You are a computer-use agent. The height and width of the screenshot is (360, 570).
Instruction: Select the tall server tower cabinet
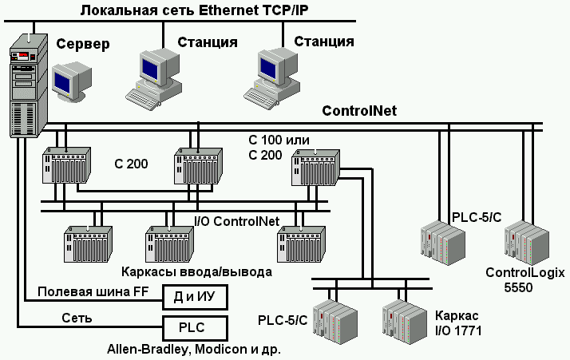click(26, 88)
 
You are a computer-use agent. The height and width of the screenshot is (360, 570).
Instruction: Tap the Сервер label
click(82, 43)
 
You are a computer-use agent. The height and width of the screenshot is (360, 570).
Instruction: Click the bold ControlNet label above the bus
click(359, 110)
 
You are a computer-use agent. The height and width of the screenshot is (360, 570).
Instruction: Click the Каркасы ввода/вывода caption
click(196, 271)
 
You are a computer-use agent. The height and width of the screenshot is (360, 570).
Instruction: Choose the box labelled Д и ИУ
click(194, 297)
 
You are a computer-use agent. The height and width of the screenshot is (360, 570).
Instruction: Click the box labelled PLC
click(194, 327)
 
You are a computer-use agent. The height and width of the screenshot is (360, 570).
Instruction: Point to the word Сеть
click(77, 318)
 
